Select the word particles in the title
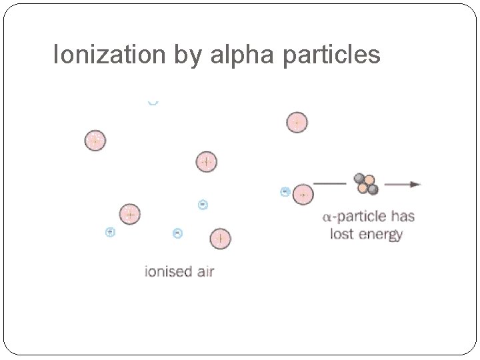[331, 55]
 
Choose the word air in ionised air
[203, 271]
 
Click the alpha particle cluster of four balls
[366, 184]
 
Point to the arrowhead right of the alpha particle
[415, 184]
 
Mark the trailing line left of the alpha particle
[331, 183]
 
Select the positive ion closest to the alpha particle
[303, 194]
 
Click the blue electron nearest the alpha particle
[285, 192]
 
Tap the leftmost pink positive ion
[95, 141]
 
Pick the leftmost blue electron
[111, 232]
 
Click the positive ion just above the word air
[220, 238]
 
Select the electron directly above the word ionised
[177, 233]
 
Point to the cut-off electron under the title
[153, 103]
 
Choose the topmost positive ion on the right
[297, 123]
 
